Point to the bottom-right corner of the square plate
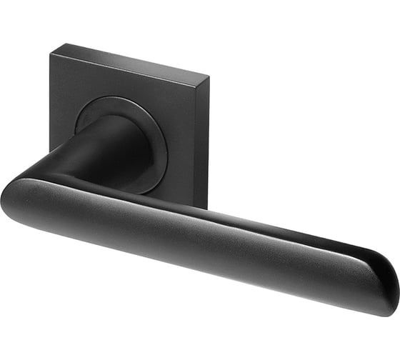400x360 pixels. point(206,208)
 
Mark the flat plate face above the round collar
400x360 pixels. point(129,79)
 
